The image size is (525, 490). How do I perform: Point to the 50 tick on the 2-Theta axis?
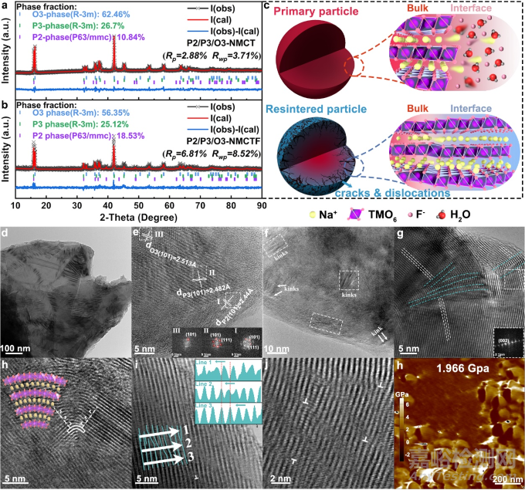[139, 205]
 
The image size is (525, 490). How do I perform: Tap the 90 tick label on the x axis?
[262, 205]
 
